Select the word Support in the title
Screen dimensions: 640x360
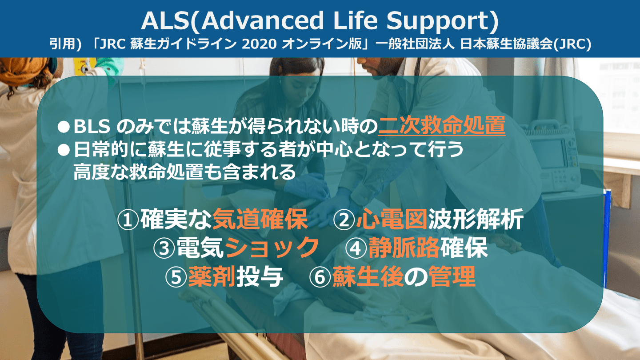439,22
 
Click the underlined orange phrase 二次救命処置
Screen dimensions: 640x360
442,125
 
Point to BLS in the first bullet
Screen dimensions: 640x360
92,126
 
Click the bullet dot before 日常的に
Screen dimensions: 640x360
64,150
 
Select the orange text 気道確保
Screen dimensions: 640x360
260,220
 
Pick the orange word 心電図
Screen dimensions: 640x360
392,220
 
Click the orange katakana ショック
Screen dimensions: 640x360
272,248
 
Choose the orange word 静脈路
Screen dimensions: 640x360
404,248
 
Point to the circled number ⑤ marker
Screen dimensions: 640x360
176,277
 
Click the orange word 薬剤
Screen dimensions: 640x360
212,276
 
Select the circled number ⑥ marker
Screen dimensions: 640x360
320,277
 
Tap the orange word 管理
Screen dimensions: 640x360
452,276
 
